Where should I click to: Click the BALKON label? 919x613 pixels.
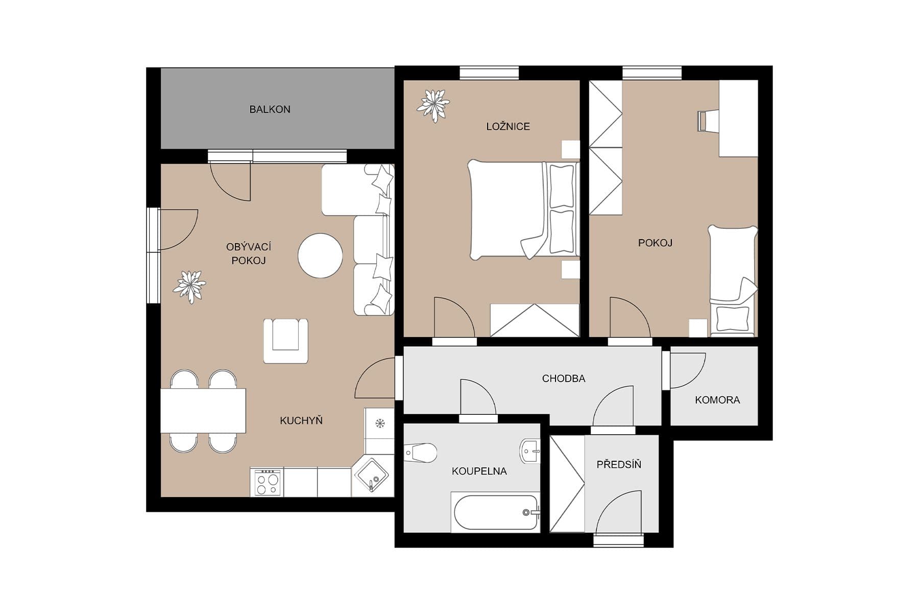tap(270, 109)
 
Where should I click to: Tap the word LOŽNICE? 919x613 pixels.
tap(507, 127)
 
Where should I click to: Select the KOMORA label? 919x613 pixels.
tap(717, 400)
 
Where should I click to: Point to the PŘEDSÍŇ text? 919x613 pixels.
tap(618, 464)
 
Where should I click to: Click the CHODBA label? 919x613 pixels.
tap(563, 379)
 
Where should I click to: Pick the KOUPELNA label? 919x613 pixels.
tap(479, 471)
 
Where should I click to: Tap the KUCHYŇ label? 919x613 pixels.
tap(301, 421)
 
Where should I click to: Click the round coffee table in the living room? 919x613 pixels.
tap(320, 255)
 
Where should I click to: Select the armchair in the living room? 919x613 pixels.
tap(285, 340)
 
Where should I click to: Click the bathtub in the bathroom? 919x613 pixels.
tap(495, 512)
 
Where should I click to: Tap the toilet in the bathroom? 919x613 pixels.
tap(421, 453)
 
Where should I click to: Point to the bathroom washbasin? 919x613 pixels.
tap(530, 451)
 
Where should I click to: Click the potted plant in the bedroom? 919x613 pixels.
tap(433, 105)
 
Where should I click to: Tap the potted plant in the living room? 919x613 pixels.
tap(189, 287)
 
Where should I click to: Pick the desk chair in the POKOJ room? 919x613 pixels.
tap(708, 121)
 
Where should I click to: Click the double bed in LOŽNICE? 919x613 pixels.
tap(523, 209)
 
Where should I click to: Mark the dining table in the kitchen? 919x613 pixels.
tap(203, 411)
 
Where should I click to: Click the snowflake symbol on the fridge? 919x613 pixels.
tap(379, 423)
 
